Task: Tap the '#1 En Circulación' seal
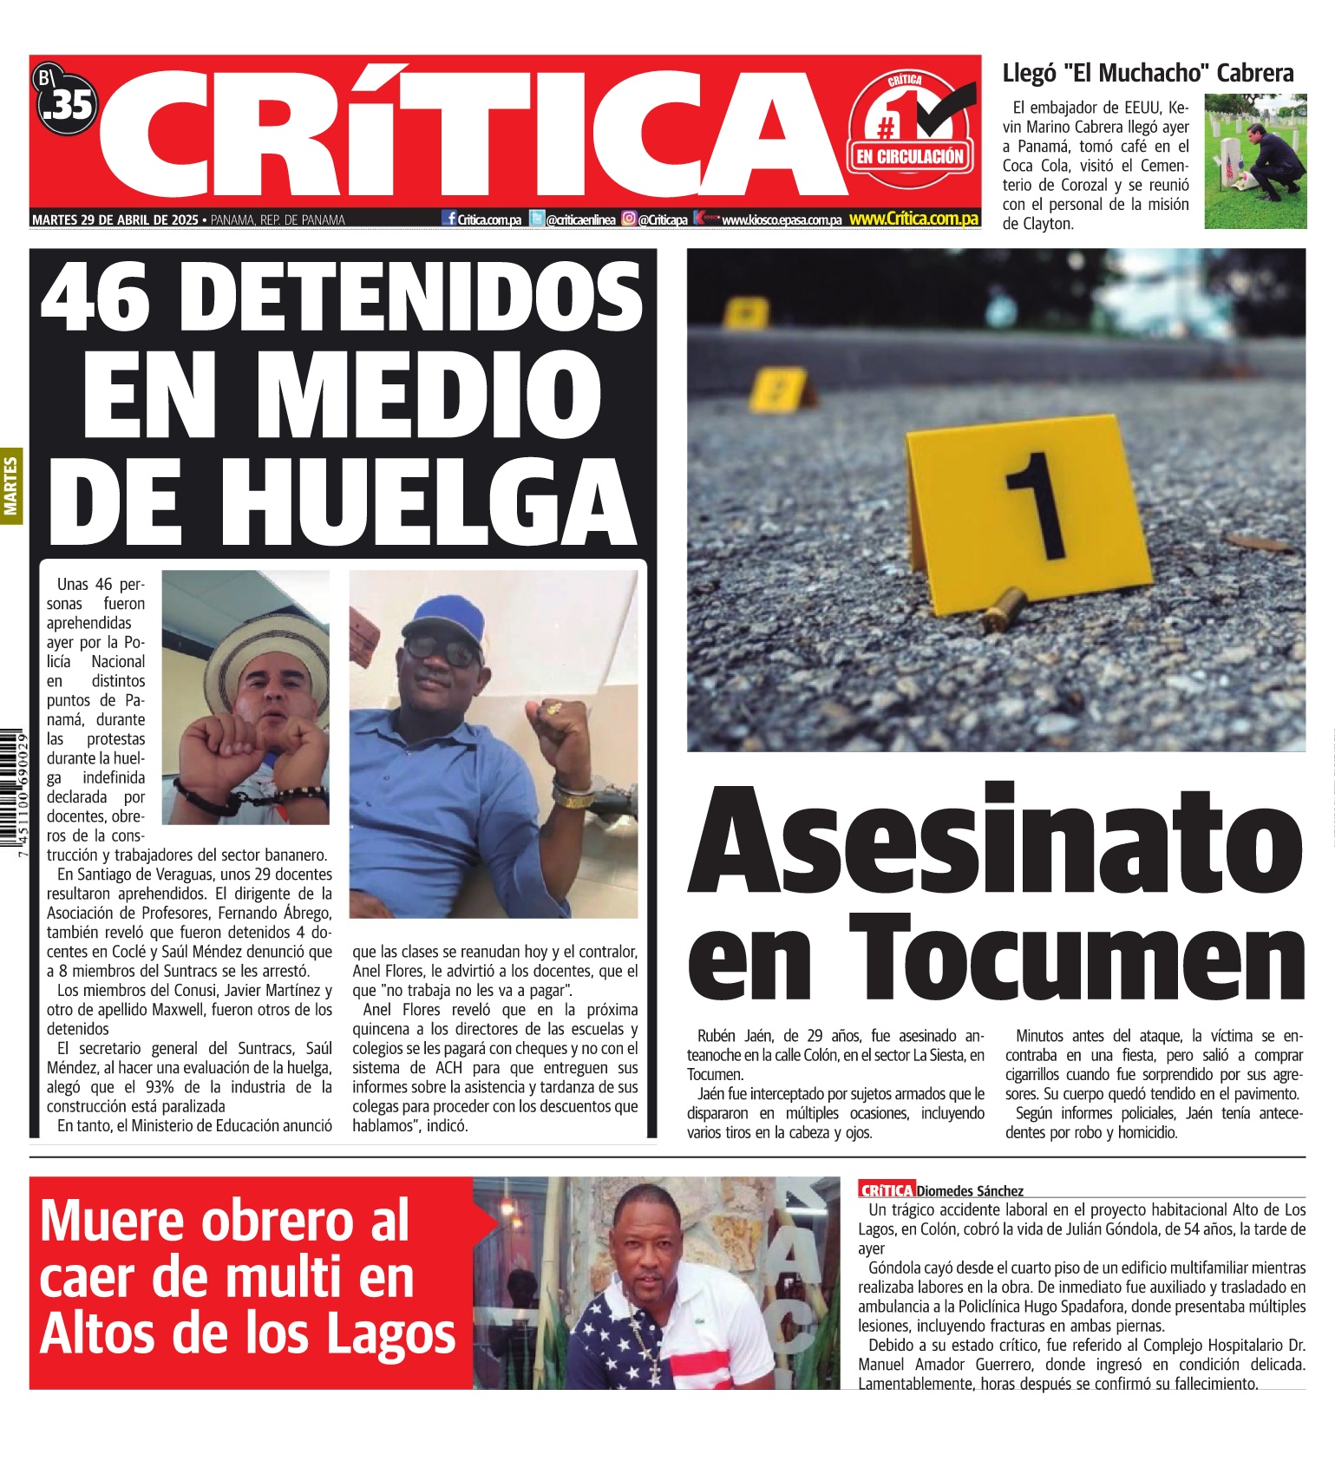click(x=910, y=130)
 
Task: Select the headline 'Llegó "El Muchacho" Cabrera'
click(x=1148, y=73)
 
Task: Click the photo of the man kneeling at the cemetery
click(x=1254, y=161)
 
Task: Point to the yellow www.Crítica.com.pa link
click(x=913, y=219)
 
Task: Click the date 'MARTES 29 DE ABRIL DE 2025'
click(x=115, y=220)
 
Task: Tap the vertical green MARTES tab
click(x=11, y=486)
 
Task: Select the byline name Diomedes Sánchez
click(x=970, y=1191)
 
